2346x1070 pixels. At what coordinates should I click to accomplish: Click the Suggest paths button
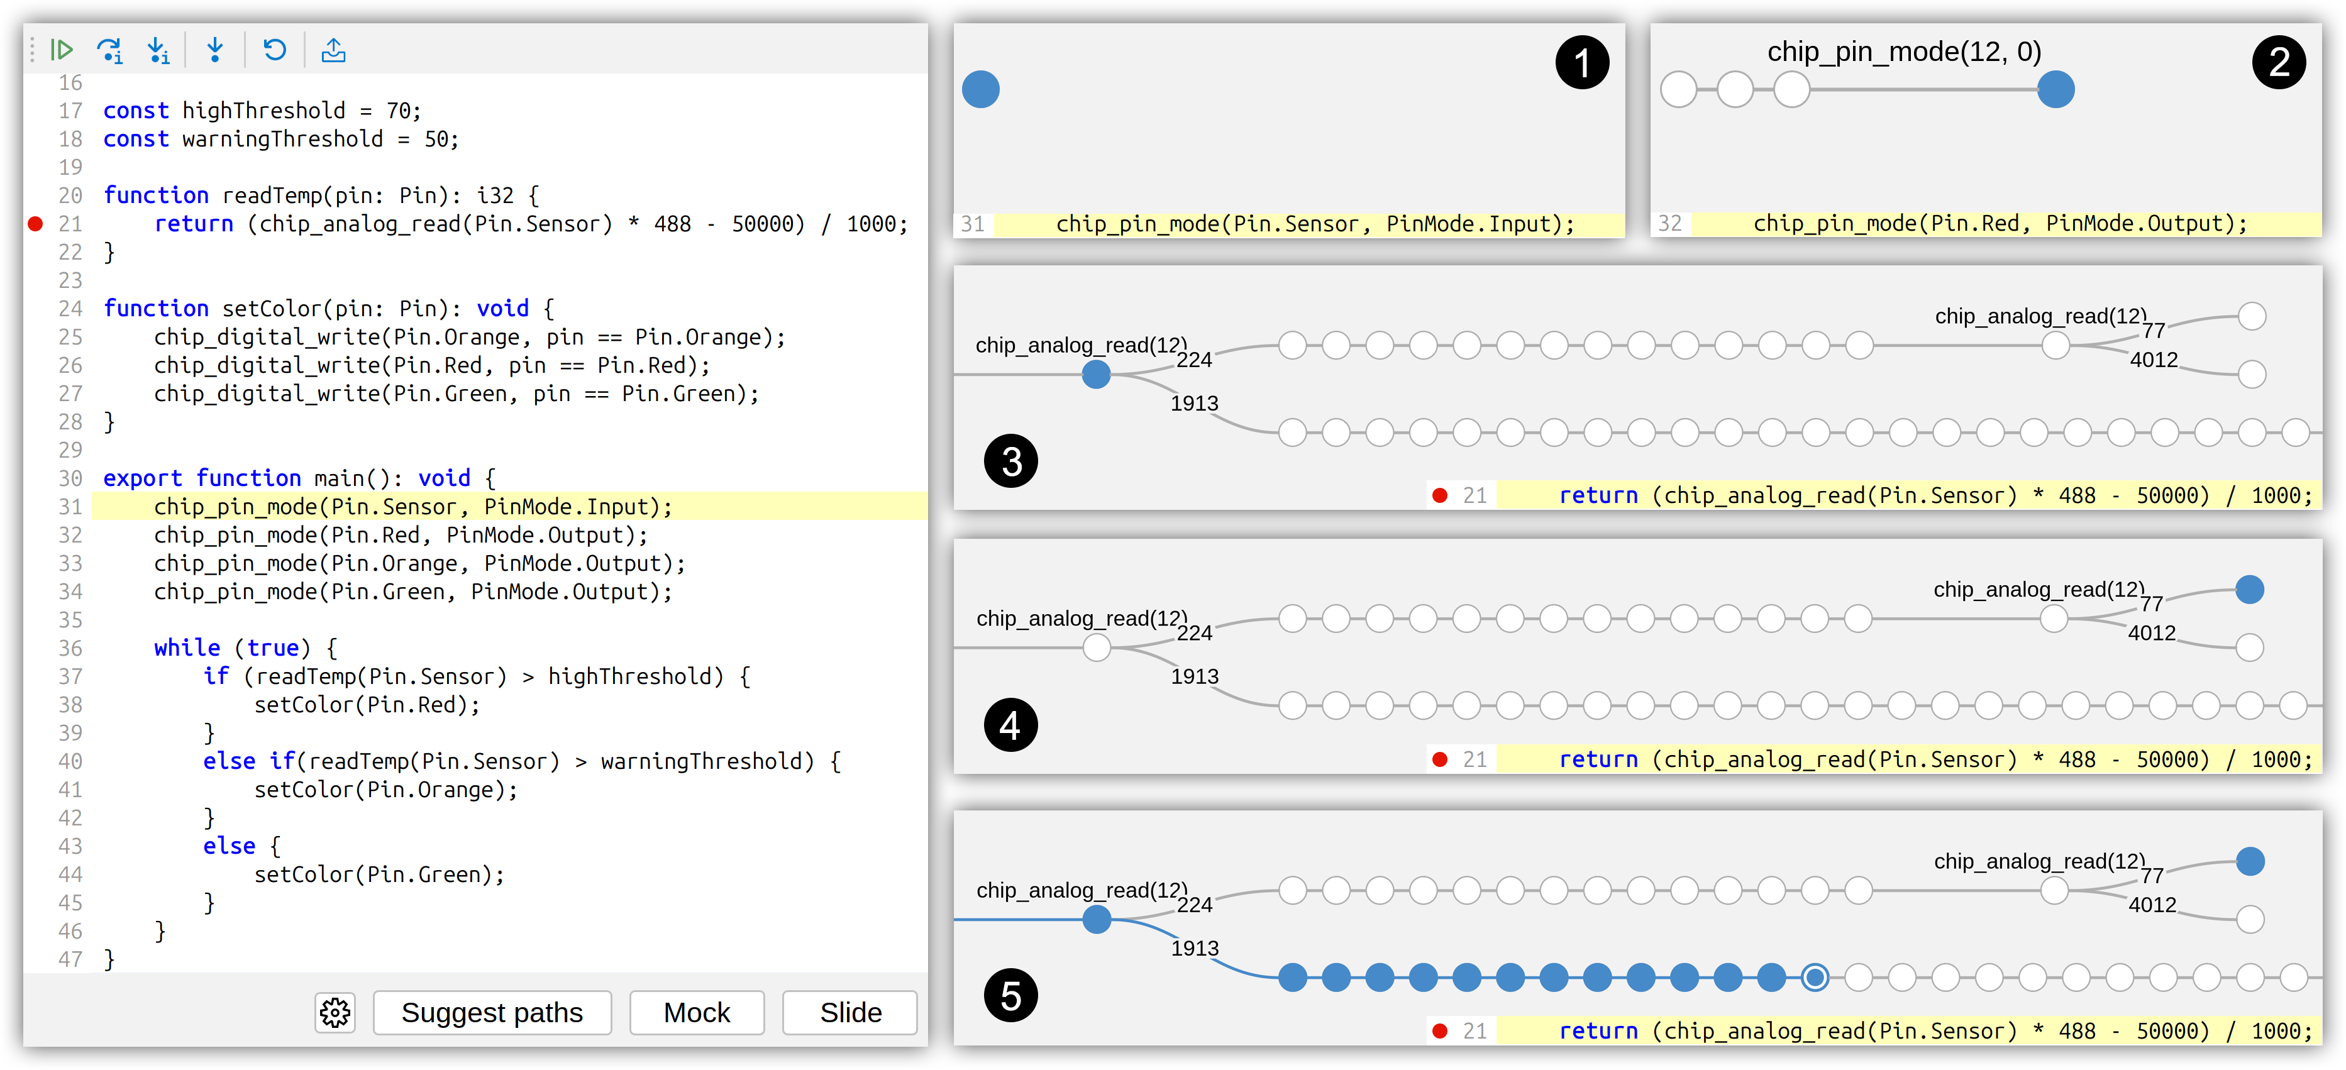492,1013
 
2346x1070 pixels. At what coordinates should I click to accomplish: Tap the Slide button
849,1013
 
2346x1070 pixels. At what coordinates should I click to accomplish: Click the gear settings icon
335,1013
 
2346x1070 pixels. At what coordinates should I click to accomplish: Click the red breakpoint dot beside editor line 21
35,223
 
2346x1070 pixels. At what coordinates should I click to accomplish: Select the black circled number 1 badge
1582,63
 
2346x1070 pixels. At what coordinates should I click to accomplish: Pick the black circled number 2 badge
2279,63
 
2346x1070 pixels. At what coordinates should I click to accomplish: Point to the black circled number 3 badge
1011,461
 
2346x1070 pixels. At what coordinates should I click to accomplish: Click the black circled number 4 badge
1011,725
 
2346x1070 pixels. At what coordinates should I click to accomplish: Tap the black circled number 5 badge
1011,995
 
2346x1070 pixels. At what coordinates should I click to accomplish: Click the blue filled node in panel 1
981,89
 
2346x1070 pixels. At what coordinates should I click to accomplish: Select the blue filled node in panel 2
2056,89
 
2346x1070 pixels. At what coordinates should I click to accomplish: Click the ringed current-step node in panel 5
1815,977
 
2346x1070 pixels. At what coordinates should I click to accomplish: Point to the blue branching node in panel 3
1097,374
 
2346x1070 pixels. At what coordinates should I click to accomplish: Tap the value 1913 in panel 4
1195,676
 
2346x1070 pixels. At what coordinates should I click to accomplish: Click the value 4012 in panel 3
2154,360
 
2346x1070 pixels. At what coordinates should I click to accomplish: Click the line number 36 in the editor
70,648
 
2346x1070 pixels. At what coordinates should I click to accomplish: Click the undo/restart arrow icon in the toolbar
274,49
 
